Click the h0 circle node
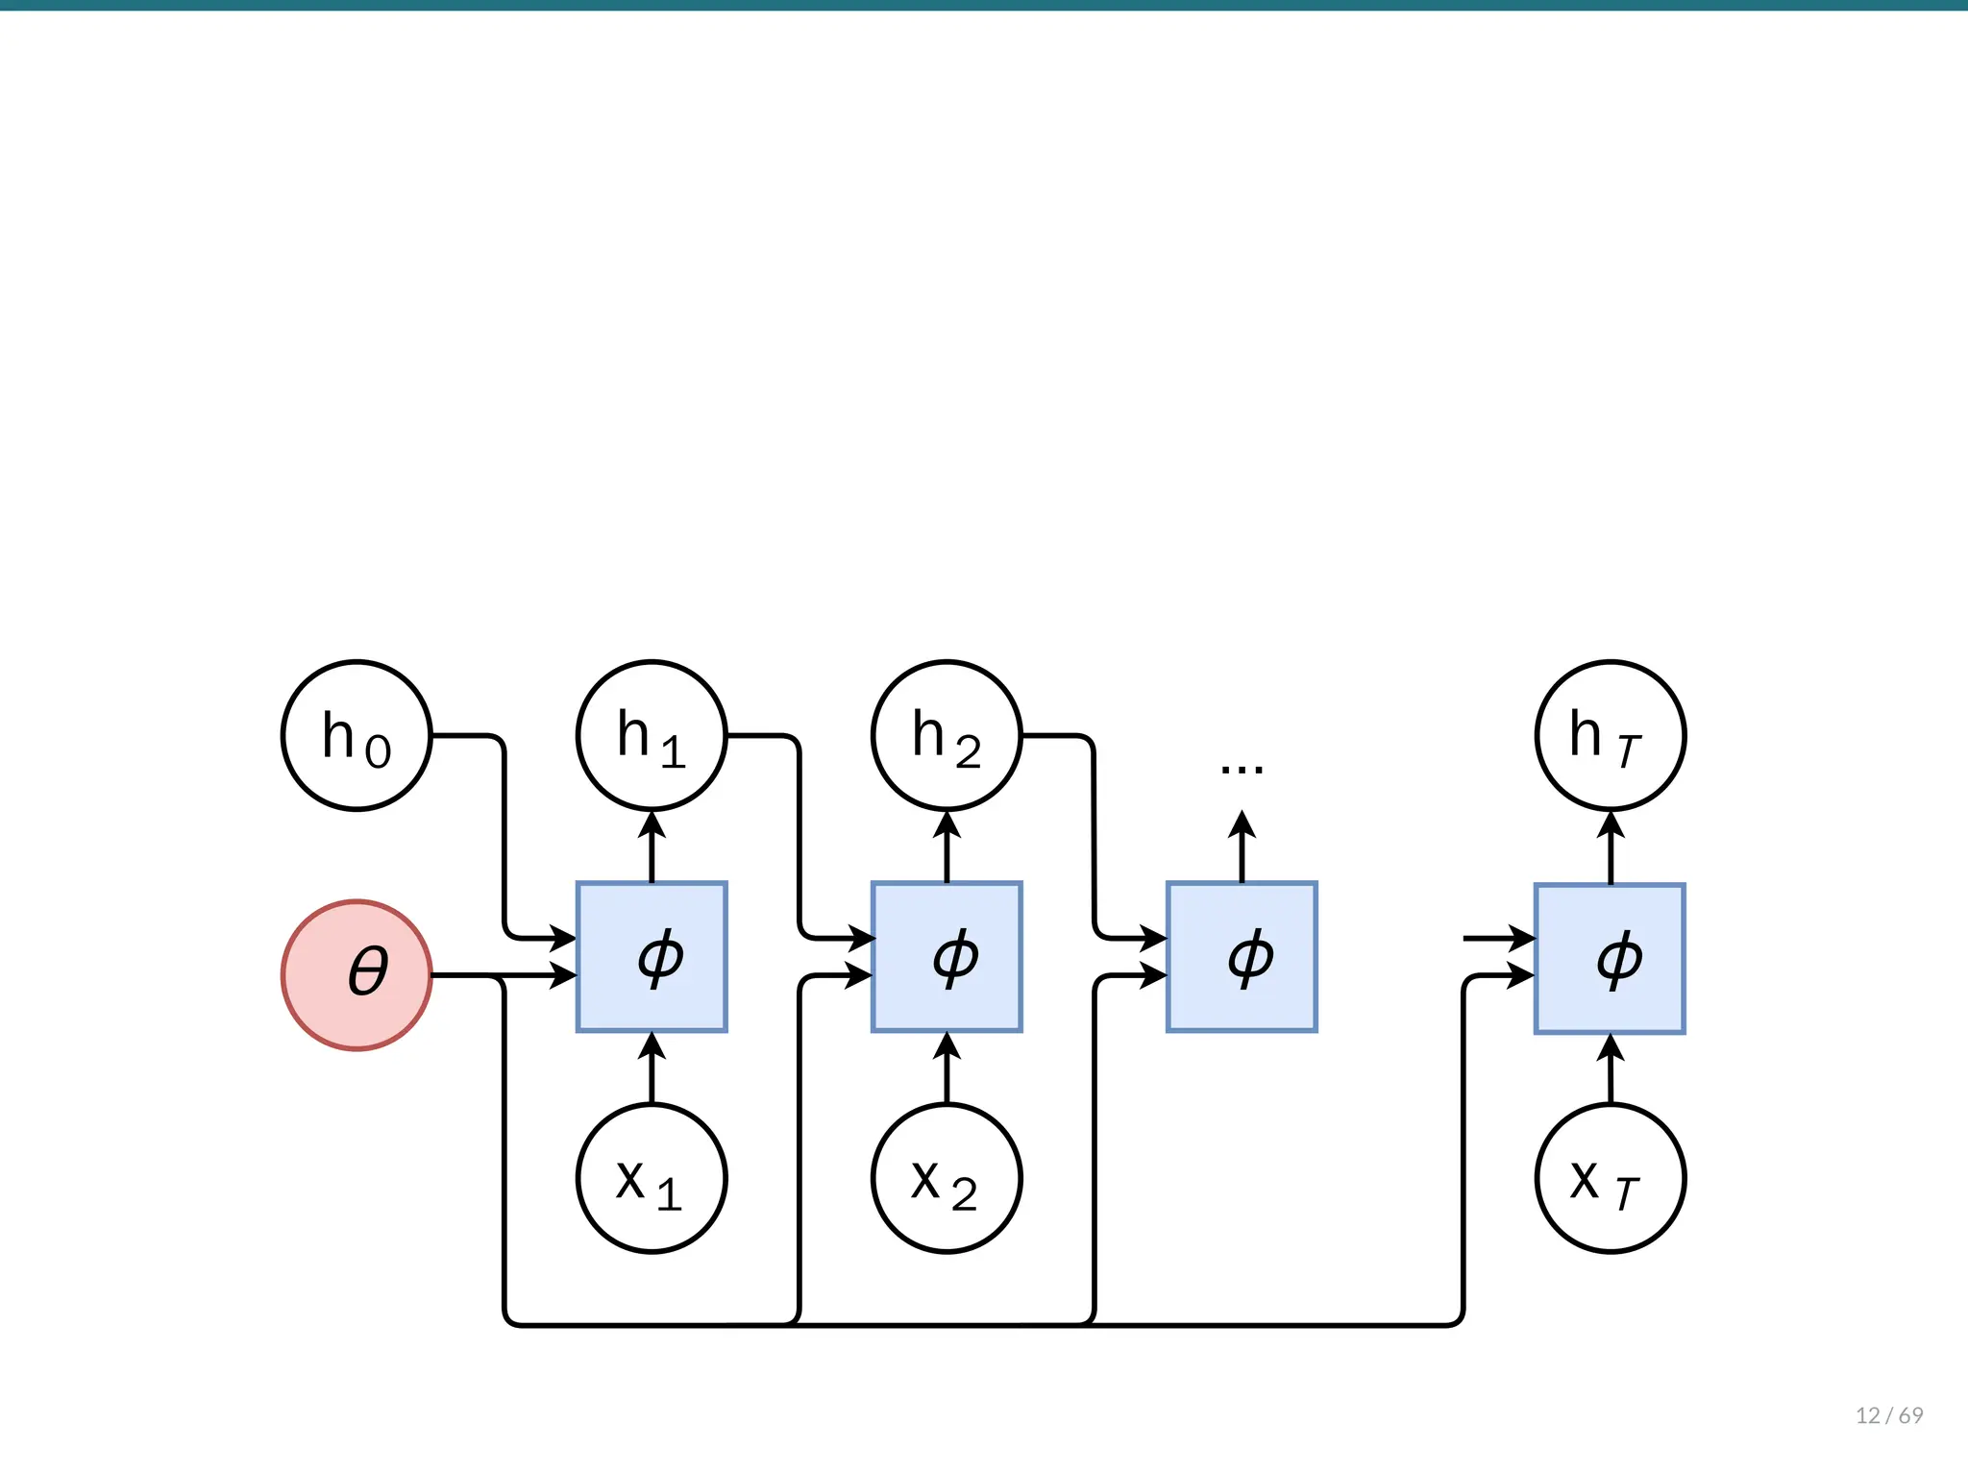(357, 735)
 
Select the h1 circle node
(652, 735)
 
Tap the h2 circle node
(947, 735)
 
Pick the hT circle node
(1611, 735)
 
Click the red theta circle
(357, 974)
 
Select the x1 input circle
(652, 1178)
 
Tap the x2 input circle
(947, 1178)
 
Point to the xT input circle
(1611, 1178)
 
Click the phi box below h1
(652, 957)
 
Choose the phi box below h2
(947, 957)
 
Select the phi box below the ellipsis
(1242, 957)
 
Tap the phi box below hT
(1610, 958)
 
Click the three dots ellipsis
(1242, 769)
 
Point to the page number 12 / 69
(1888, 1415)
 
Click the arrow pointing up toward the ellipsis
(1242, 846)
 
